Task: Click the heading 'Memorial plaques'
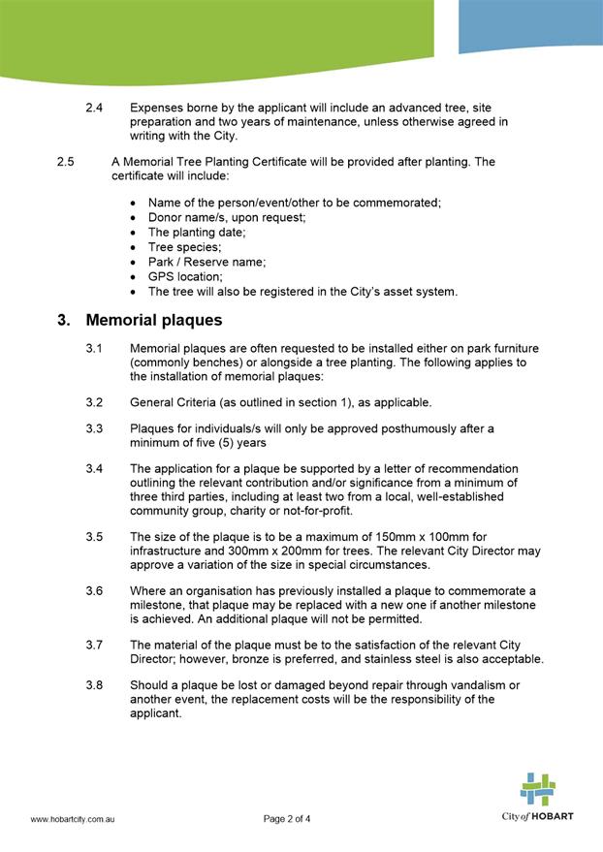[x=153, y=320]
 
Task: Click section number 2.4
[x=94, y=108]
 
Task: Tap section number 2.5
[x=66, y=162]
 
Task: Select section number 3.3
[x=94, y=427]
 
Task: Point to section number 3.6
[x=94, y=590]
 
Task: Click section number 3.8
[x=94, y=685]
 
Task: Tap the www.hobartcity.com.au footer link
[x=74, y=819]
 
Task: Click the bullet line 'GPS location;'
[x=185, y=276]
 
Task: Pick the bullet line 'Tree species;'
[x=184, y=247]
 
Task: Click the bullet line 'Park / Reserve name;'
[x=206, y=262]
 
